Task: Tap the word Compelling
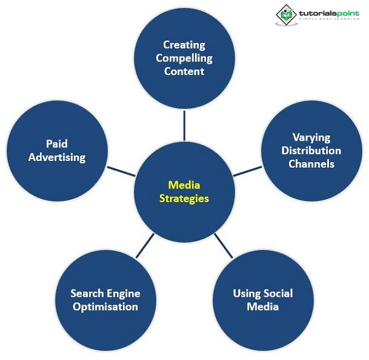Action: [184, 58]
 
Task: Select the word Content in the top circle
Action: [184, 71]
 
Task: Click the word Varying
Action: [311, 138]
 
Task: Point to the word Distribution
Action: [311, 151]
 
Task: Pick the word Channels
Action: [311, 164]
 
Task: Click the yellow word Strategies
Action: [184, 198]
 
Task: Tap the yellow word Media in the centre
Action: [184, 185]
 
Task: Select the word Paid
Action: [57, 144]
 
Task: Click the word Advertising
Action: [57, 157]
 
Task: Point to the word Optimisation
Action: [104, 307]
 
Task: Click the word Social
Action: [277, 293]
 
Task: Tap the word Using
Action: [247, 293]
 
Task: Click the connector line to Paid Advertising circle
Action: [121, 170]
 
